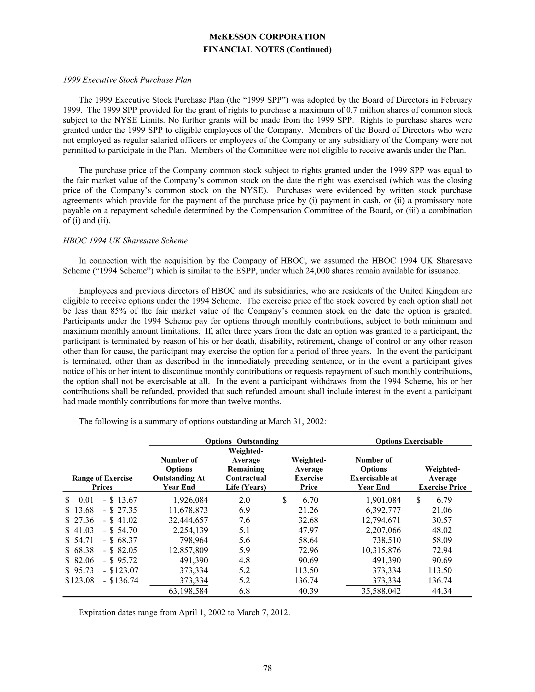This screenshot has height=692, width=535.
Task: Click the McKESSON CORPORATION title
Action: tap(267, 37)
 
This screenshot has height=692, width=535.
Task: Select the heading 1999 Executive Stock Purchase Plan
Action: tap(127, 80)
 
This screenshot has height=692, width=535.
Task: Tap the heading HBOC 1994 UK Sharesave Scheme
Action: tap(125, 241)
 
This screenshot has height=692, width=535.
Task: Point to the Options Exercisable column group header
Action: tap(409, 441)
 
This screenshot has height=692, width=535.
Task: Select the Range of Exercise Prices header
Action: tap(102, 483)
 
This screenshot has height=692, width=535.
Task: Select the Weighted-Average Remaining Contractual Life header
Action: tap(246, 469)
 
